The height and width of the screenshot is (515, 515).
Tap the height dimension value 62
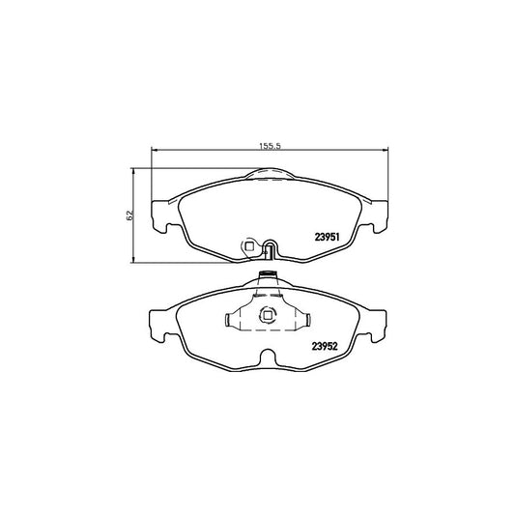pos(127,214)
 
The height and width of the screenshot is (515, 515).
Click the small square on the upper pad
pos(250,246)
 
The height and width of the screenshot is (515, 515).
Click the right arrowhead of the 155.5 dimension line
pos(386,150)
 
